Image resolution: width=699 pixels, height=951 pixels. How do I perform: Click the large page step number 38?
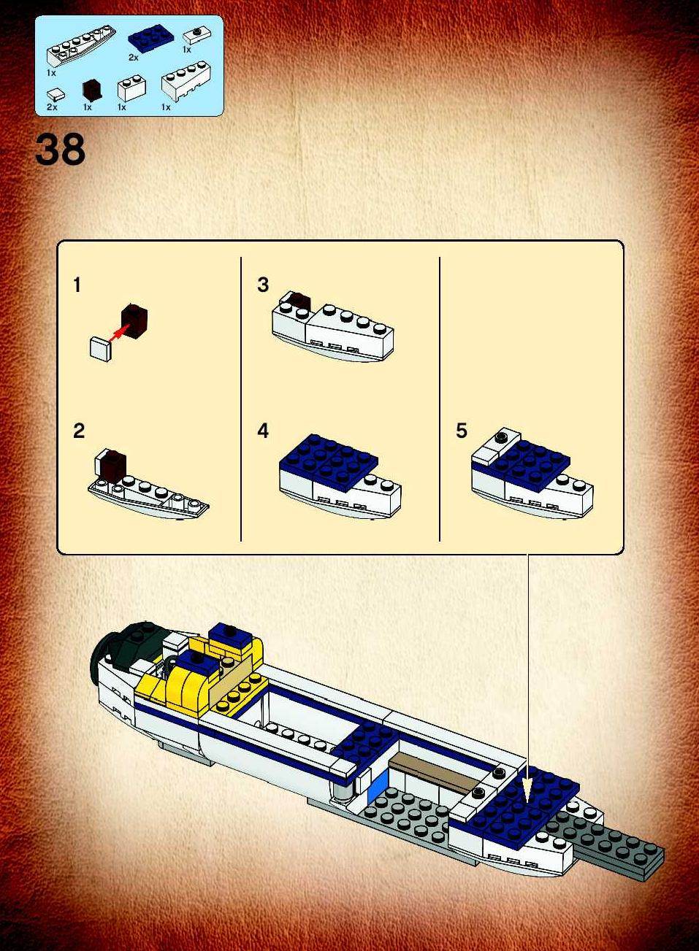tap(61, 149)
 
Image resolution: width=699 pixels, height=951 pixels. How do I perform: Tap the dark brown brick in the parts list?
tap(92, 91)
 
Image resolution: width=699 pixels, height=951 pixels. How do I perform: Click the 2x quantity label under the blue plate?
tap(134, 58)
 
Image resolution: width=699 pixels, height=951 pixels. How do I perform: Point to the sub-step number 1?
tap(77, 285)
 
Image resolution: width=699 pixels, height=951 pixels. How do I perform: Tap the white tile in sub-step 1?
tap(101, 350)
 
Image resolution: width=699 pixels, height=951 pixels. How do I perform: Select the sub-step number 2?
tap(79, 431)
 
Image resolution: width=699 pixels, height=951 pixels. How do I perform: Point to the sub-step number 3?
tap(263, 285)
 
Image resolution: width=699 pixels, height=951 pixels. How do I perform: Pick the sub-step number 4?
tap(263, 431)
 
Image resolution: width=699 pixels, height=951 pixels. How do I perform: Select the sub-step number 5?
tap(462, 431)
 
